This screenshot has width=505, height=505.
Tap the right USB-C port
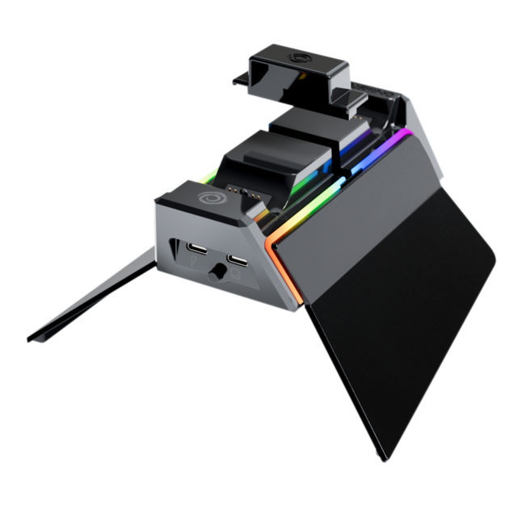coord(238,260)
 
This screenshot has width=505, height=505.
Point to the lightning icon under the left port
coord(193,262)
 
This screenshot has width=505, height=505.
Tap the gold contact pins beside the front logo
coord(237,189)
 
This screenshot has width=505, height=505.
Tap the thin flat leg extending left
coord(89,299)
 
